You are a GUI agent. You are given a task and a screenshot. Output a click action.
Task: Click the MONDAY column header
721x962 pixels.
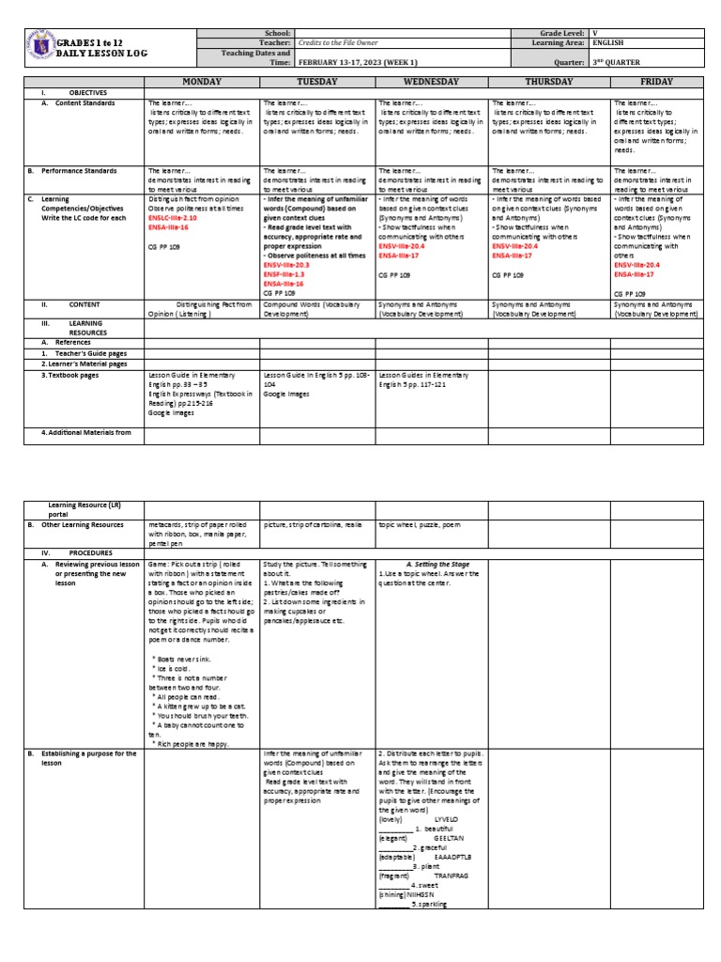202,82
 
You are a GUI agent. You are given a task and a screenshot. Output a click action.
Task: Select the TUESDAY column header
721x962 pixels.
317,82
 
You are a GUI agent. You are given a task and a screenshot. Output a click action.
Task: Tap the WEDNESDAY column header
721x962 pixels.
432,82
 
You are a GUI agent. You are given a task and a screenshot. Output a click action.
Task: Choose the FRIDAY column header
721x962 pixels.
656,82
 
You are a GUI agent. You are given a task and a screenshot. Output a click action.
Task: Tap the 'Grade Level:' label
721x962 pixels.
560,33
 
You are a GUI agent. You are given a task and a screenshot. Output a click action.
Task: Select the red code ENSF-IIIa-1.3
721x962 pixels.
283,274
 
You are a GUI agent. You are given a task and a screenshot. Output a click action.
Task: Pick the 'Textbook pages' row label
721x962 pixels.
77,375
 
